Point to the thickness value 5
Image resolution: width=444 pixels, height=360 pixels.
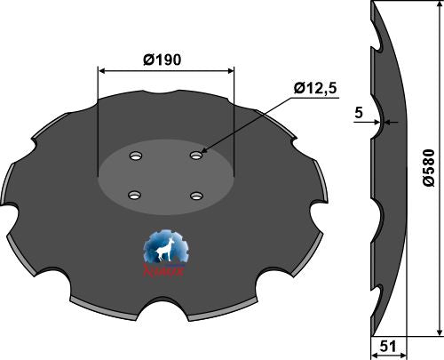click(x=358, y=113)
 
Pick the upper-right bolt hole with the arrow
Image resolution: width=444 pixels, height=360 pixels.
click(x=195, y=156)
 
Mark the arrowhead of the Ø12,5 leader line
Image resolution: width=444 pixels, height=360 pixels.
click(x=202, y=154)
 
